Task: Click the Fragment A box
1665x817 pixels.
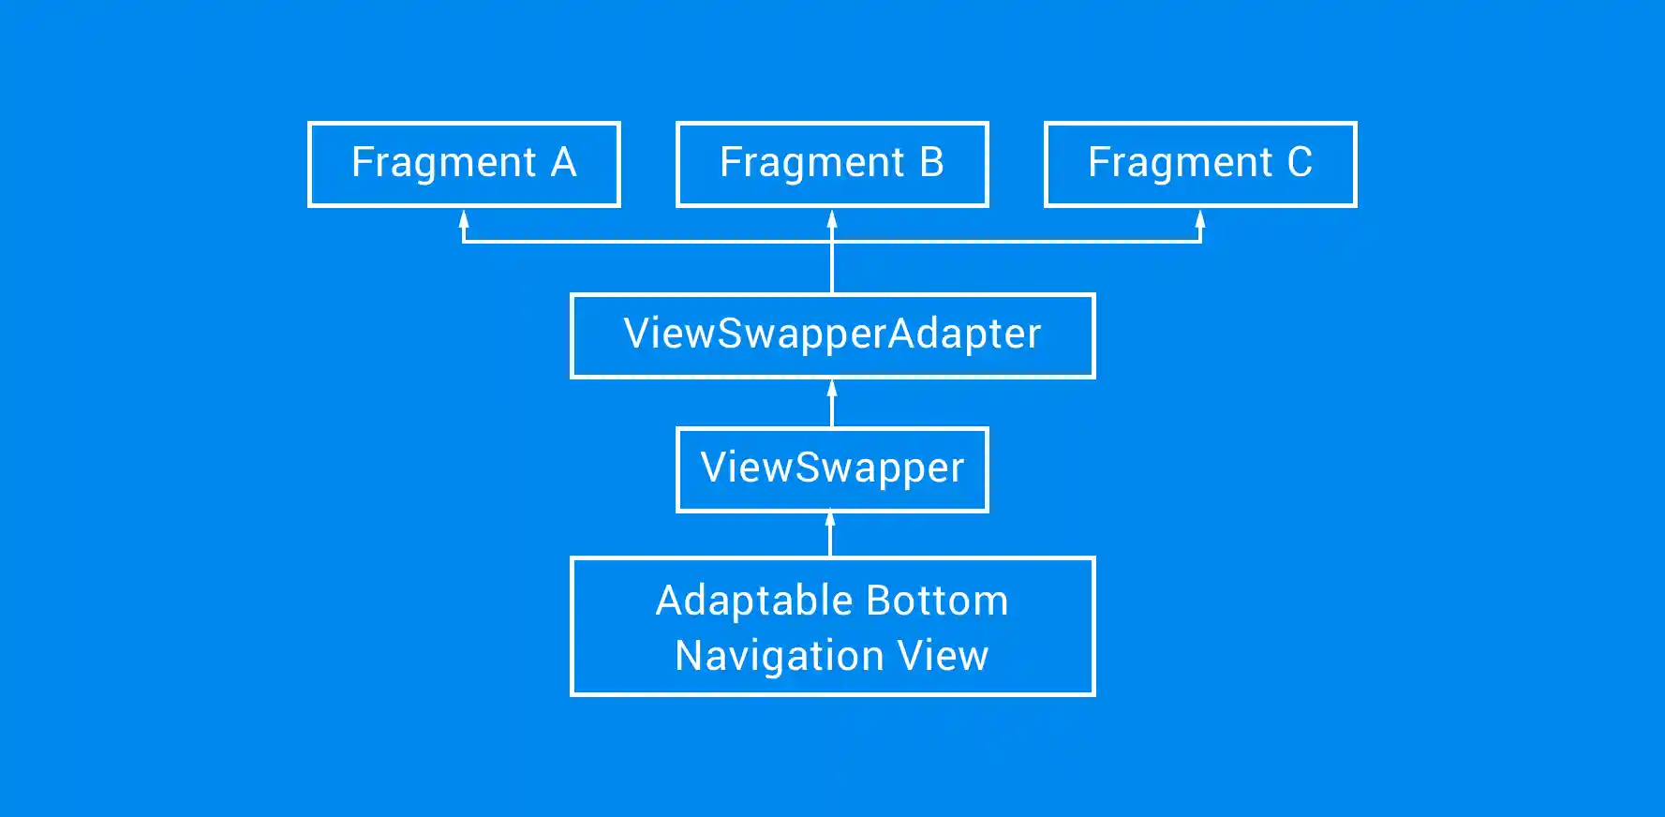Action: [464, 164]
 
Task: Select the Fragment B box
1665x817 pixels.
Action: [832, 164]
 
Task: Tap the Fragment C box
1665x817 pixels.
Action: [1200, 164]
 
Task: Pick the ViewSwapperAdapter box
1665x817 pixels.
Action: [832, 335]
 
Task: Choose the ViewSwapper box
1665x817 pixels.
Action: [832, 469]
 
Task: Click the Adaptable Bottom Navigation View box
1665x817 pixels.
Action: [832, 627]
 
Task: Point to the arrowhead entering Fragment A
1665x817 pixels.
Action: [464, 219]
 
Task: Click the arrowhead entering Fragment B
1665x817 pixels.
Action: [832, 219]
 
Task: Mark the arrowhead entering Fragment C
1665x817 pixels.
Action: [1200, 219]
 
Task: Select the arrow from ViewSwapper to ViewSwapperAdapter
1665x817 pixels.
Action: [832, 404]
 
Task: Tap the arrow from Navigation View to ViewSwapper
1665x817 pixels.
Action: [830, 535]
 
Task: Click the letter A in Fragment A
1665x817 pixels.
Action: [563, 163]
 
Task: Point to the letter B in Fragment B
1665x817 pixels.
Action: [931, 163]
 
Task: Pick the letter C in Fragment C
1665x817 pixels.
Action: [1300, 163]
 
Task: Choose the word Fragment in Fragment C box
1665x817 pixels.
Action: [1180, 163]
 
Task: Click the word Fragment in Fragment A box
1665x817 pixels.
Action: [443, 163]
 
